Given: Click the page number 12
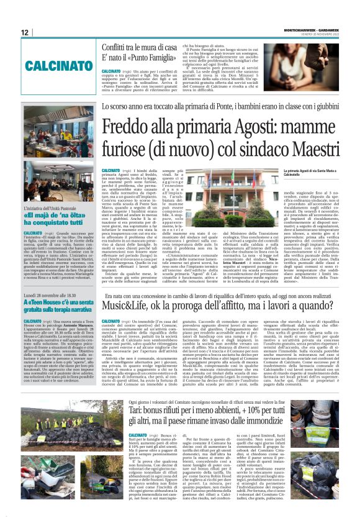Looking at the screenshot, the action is tap(24, 32).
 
